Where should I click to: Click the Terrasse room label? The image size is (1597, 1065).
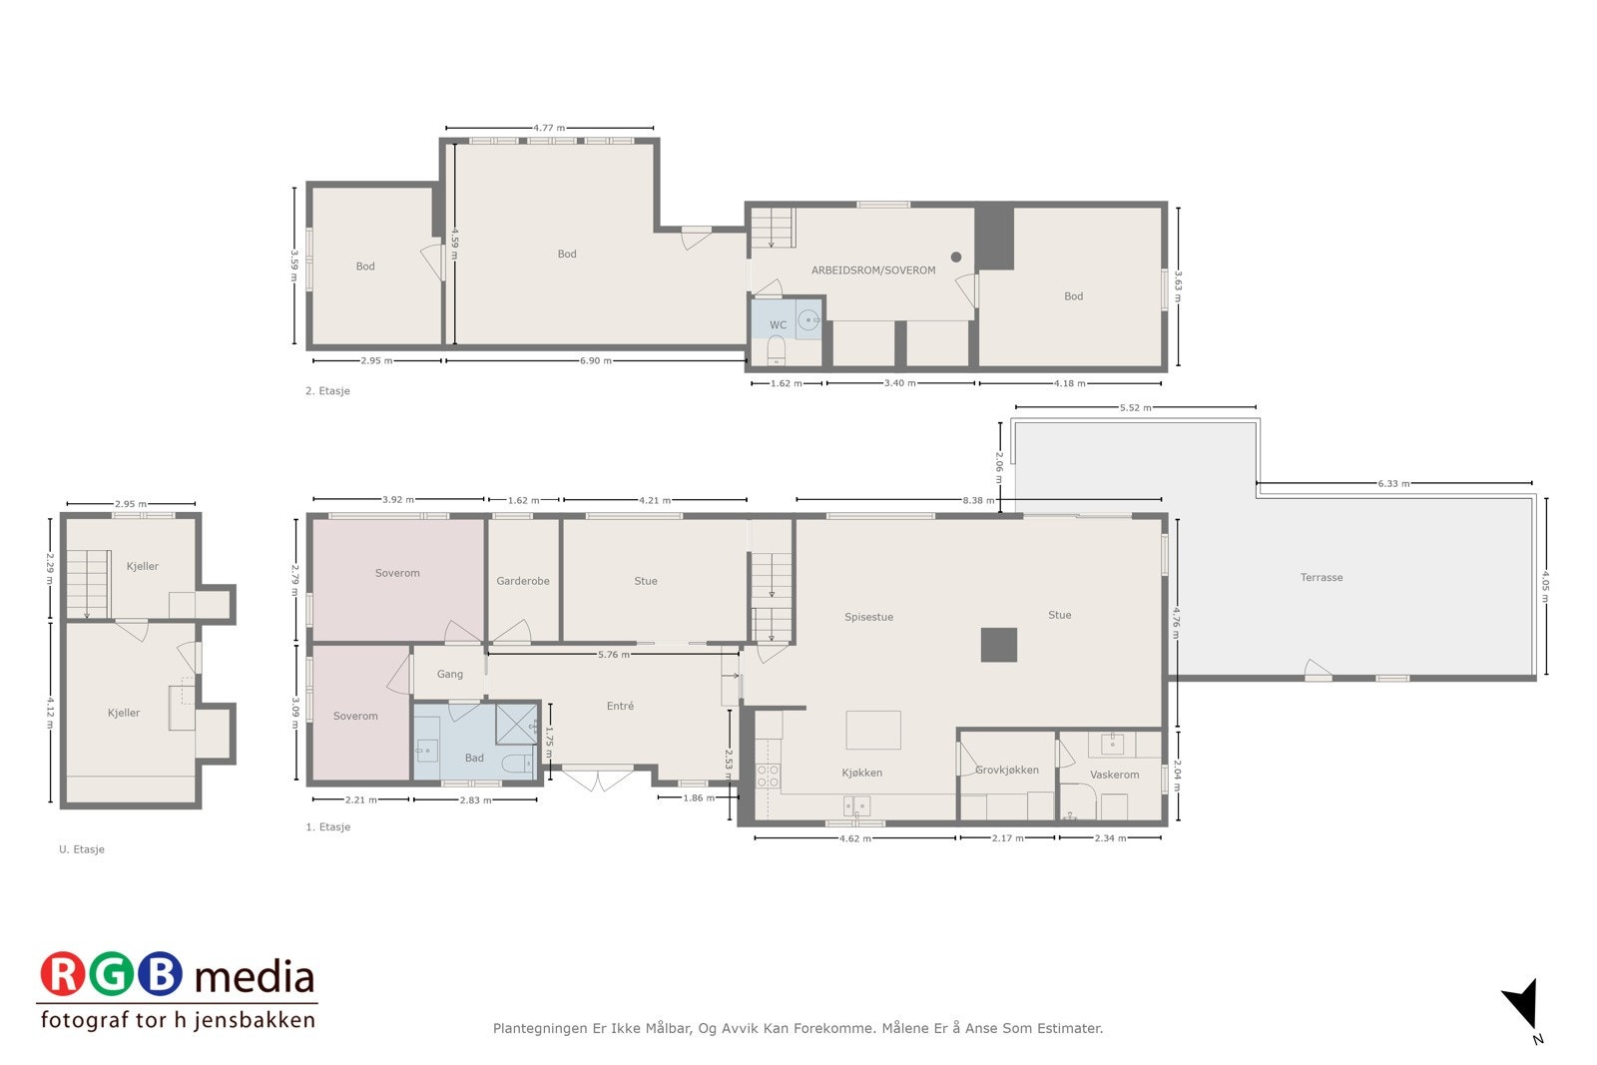(x=1321, y=578)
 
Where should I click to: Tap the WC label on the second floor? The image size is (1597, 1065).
(x=778, y=325)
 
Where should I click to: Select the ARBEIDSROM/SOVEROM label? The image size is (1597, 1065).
(x=873, y=270)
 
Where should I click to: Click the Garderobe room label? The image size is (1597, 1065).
(x=523, y=581)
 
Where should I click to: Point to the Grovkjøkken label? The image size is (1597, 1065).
(x=1007, y=770)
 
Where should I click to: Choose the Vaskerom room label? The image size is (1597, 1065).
(x=1114, y=775)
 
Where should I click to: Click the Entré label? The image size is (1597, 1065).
(x=620, y=706)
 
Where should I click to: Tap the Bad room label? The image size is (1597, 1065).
(x=474, y=758)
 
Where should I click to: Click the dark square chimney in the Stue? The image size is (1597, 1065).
(x=998, y=645)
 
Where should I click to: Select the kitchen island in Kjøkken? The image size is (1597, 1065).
(x=873, y=730)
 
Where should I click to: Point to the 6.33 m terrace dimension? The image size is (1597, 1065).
(x=1393, y=484)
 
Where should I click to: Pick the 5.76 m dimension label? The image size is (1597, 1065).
(x=613, y=655)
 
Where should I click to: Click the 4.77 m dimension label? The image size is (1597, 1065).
(x=548, y=128)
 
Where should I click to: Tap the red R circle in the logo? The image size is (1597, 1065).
(x=63, y=974)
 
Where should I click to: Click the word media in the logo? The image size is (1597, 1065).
(x=255, y=977)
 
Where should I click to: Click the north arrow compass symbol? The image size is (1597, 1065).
(x=1522, y=1003)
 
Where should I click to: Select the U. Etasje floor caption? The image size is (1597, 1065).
(x=82, y=849)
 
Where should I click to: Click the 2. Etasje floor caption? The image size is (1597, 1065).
(x=327, y=391)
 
